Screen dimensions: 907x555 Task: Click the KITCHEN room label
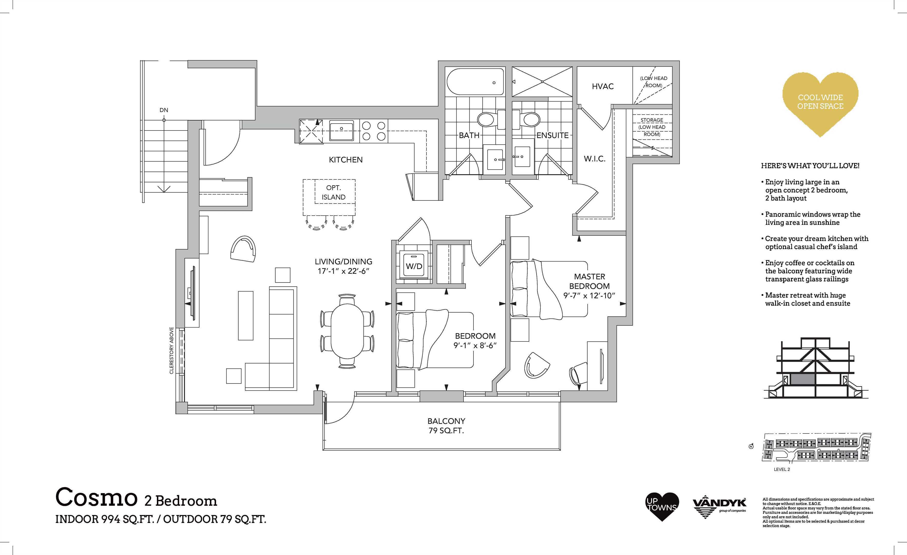click(346, 160)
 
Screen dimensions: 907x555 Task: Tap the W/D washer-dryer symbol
click(414, 266)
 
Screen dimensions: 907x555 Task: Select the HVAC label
click(603, 86)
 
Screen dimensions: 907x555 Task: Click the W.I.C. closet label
click(595, 159)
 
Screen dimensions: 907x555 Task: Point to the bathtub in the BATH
click(475, 82)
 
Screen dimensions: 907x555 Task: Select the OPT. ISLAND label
click(333, 192)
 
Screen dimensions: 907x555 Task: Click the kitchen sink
click(341, 131)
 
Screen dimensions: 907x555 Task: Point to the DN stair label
click(164, 110)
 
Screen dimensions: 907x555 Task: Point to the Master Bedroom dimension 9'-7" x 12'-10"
click(589, 295)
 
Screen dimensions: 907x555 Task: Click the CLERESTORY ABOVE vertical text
click(171, 350)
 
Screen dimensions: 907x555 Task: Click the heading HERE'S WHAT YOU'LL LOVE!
click(810, 166)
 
